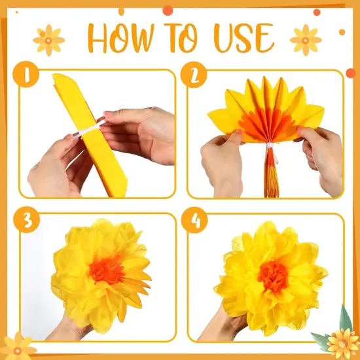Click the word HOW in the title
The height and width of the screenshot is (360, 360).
[x=121, y=38]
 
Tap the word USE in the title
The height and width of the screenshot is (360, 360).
[x=244, y=38]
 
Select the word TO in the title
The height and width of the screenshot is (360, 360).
[x=181, y=38]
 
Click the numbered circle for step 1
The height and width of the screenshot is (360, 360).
[x=26, y=74]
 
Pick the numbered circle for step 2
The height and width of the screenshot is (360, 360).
[x=194, y=75]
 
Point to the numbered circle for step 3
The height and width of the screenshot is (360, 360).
[x=26, y=219]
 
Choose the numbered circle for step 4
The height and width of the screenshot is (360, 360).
[x=194, y=220]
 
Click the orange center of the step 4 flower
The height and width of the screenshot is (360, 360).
[x=273, y=276]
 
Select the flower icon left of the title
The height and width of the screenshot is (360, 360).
[x=48, y=41]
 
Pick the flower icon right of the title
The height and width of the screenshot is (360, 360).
[x=306, y=41]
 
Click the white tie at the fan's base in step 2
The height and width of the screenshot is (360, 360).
[x=270, y=145]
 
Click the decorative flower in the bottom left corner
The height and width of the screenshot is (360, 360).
[x=18, y=347]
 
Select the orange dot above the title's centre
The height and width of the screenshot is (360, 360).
[x=168, y=10]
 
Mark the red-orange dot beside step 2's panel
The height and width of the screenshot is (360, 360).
[x=351, y=73]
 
